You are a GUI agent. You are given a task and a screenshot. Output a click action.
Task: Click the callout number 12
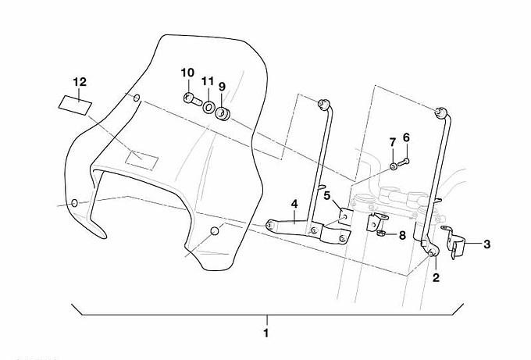(x=79, y=81)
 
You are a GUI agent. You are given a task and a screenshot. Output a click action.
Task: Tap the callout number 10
(x=187, y=73)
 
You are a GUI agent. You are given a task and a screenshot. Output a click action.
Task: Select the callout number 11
(x=207, y=81)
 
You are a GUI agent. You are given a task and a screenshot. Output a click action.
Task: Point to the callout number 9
(x=222, y=86)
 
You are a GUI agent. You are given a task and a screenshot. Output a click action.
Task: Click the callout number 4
(x=294, y=205)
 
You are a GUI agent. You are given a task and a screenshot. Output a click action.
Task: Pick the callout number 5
(x=327, y=194)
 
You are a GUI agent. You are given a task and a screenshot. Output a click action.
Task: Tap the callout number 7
(x=393, y=142)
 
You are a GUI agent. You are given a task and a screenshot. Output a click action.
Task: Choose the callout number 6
(x=406, y=137)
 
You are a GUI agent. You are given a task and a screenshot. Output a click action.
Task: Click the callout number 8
(x=402, y=234)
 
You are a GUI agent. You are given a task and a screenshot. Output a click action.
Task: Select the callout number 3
(x=486, y=244)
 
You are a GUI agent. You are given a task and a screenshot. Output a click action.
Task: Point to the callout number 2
(x=436, y=276)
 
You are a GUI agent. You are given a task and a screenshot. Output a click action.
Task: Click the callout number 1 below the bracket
(x=266, y=333)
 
